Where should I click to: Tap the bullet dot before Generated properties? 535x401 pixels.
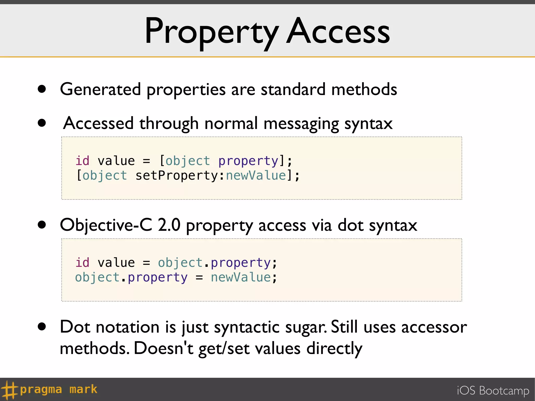42,89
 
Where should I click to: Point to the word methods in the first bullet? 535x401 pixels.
364,90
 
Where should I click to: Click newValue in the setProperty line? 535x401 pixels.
256,175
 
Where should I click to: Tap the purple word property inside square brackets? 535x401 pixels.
248,161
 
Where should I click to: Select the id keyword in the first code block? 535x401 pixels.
82,161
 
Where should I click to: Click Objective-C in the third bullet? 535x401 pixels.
106,225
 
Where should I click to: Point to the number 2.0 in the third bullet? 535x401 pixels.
169,225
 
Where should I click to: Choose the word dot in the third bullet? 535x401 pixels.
350,225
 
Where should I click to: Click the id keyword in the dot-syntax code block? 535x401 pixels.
82,263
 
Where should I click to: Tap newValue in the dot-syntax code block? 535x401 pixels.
241,277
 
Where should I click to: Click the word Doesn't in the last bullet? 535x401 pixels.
164,348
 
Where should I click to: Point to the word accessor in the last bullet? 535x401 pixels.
434,327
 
